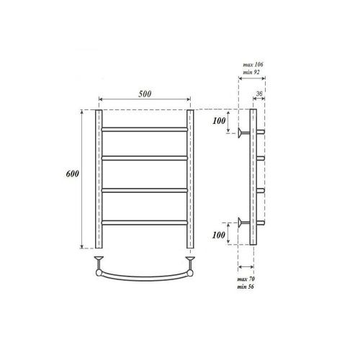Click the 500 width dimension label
(x=145, y=93)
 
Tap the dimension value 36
(x=259, y=94)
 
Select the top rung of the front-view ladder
(x=145, y=128)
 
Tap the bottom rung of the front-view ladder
(x=145, y=220)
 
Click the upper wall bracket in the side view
(x=243, y=132)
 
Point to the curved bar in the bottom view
(x=145, y=276)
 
